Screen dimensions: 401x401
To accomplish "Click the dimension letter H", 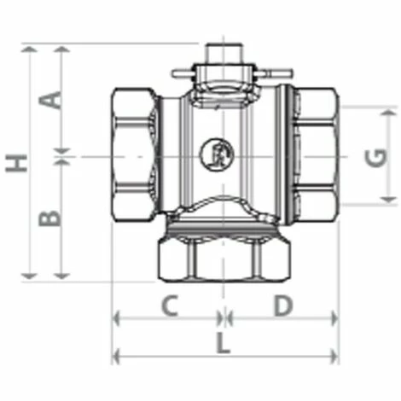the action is point(16,163).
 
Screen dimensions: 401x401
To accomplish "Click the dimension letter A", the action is point(50,100).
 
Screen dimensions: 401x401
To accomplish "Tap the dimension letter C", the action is point(170,305).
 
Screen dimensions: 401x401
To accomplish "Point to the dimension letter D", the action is point(283,305).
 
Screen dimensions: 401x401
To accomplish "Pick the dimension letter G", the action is point(376,158).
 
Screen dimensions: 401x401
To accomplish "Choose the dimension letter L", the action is point(223,343).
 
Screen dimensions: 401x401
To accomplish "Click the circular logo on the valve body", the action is point(217,154).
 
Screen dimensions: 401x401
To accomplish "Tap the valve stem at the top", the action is point(224,54).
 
